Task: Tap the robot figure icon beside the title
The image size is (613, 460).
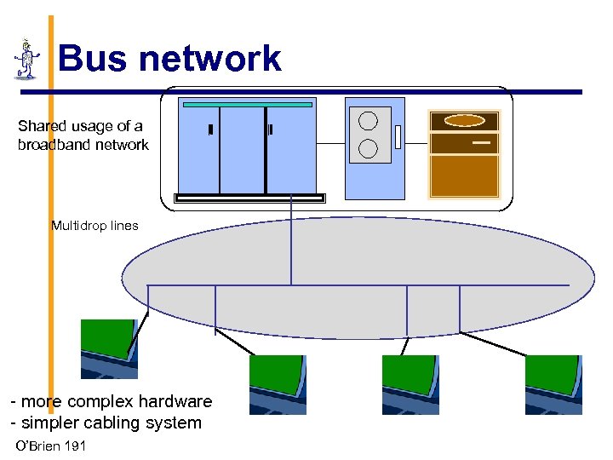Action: pos(27,59)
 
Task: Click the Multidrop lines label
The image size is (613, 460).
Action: pos(95,226)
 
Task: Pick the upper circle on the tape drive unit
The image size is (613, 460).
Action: pos(368,121)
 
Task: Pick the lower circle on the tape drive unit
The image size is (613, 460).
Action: pos(368,148)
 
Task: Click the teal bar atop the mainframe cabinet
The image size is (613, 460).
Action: pos(248,104)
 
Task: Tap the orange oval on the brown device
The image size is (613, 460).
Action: pos(464,121)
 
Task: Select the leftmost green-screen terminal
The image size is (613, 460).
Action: pos(108,348)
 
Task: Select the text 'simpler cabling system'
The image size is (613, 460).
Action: pos(111,423)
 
